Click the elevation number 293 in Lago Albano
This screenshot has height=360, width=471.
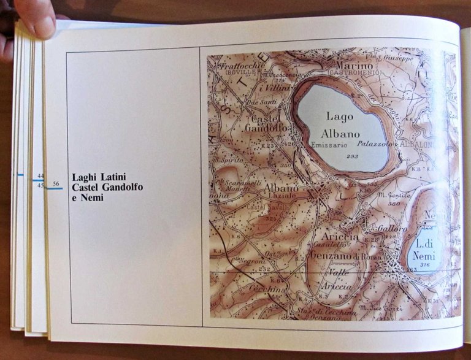tap(352, 156)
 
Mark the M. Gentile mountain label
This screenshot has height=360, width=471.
tap(393, 195)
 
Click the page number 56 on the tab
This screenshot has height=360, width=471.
tap(56, 183)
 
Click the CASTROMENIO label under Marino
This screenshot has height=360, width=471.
tap(354, 73)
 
